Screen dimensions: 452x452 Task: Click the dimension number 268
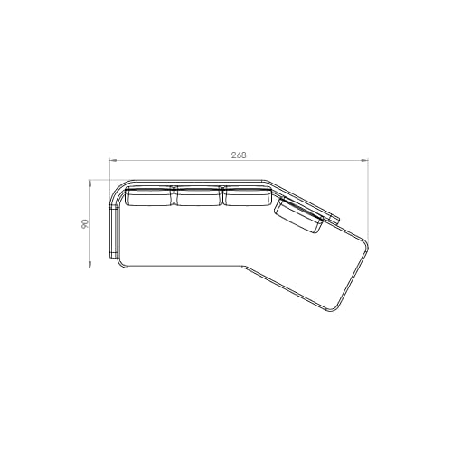pyautogui.click(x=239, y=155)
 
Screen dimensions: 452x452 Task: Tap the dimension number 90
pyautogui.click(x=85, y=223)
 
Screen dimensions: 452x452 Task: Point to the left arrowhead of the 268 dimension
pyautogui.click(x=113, y=161)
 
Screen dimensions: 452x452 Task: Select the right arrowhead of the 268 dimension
pyautogui.click(x=365, y=161)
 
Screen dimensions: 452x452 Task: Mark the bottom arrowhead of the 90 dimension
pyautogui.click(x=89, y=264)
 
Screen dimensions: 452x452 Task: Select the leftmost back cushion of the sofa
pyautogui.click(x=149, y=196)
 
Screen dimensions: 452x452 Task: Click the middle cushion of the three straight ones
pyautogui.click(x=198, y=196)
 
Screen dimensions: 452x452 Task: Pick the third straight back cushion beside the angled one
pyautogui.click(x=247, y=196)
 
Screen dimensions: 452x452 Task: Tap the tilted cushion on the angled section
pyautogui.click(x=298, y=215)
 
